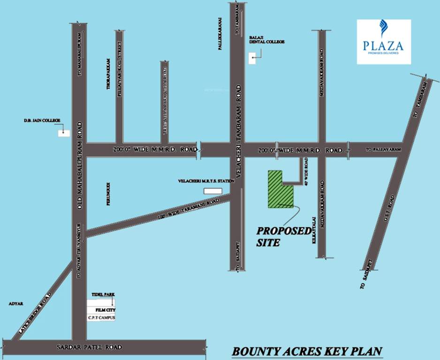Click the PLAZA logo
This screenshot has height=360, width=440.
[384, 42]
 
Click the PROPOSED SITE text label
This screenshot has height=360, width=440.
[283, 237]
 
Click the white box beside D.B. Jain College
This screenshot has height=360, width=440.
[64, 133]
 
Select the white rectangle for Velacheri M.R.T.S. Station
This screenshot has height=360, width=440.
[212, 191]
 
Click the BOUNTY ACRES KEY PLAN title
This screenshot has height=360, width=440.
[307, 351]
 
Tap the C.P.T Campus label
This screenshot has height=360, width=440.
[101, 318]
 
